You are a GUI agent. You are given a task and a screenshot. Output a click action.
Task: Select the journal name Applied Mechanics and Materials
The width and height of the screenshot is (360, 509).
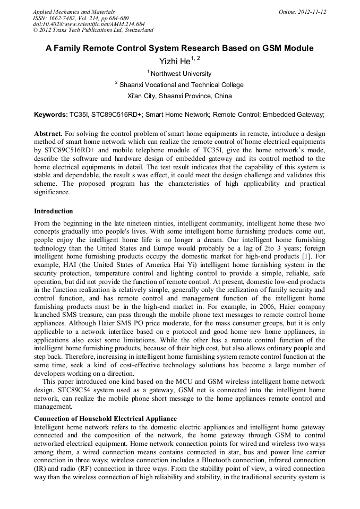pos(74,12)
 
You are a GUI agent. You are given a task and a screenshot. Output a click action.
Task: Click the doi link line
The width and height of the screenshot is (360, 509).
pos(89,24)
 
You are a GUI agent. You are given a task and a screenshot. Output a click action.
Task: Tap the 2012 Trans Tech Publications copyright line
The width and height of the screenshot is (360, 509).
pos(93,30)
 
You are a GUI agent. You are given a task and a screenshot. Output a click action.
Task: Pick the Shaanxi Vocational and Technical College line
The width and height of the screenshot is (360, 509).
pos(181,85)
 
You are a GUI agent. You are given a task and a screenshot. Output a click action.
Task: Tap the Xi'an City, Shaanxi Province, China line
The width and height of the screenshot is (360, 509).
pos(179,96)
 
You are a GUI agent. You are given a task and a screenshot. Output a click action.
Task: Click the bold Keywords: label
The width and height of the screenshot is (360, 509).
pos(51,114)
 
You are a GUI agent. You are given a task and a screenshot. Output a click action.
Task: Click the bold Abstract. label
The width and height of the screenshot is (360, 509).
pos(48,134)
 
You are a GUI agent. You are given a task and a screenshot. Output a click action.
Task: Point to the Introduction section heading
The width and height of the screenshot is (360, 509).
pos(54,211)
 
